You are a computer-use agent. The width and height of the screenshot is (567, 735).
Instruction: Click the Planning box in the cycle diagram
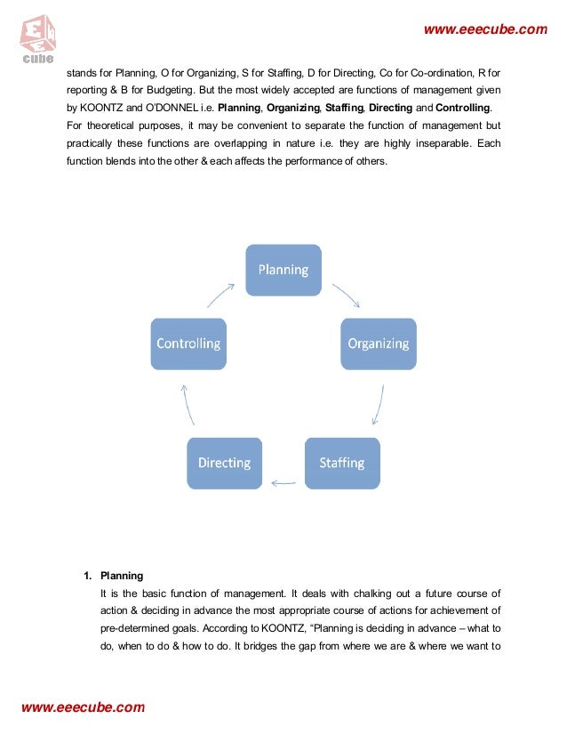point(283,270)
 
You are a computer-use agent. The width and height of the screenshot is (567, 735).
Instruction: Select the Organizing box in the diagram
point(378,343)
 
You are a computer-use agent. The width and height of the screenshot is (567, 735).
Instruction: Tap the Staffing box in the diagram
point(341,463)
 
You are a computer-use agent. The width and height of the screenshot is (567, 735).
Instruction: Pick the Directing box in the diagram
point(224,463)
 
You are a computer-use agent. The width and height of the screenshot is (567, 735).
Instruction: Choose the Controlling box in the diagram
point(188,343)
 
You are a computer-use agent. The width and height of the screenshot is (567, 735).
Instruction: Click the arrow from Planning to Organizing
point(345,295)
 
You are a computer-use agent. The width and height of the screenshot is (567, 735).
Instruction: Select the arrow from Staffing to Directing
point(283,483)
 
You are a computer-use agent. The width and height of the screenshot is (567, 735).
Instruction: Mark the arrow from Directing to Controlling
point(186,406)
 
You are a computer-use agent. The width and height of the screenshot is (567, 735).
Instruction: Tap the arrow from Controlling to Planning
point(221,295)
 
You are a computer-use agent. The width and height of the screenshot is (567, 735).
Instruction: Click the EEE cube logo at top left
point(36,38)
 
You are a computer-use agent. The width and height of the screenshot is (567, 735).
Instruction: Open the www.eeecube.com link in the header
point(485,30)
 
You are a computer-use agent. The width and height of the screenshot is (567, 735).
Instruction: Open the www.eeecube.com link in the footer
point(82,707)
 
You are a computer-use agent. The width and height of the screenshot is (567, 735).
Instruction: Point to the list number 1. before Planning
point(89,576)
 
